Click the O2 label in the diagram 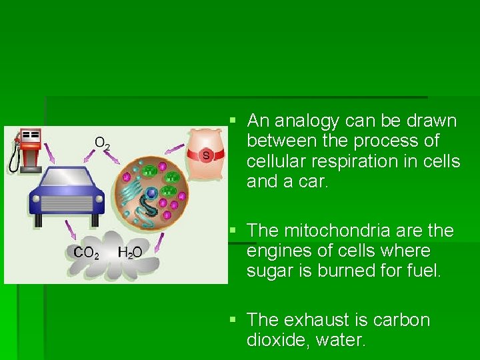point(102,143)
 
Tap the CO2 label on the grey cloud point(87,253)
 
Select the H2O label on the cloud point(129,253)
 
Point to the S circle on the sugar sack point(206,155)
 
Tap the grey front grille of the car point(66,203)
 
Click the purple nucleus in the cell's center point(152,193)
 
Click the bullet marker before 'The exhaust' point(233,319)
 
